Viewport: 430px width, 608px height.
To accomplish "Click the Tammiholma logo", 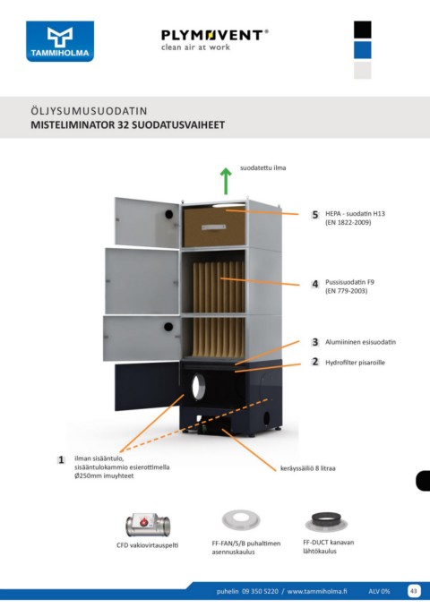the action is (x=60, y=41).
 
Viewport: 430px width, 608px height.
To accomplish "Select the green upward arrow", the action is (x=226, y=181).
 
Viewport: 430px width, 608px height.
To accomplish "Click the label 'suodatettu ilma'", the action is (x=262, y=168).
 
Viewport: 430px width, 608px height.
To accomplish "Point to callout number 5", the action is (x=315, y=214).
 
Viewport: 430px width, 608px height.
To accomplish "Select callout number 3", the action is (x=315, y=342).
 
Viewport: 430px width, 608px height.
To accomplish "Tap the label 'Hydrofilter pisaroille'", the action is (x=355, y=363).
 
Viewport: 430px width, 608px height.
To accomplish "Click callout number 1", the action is (x=61, y=460).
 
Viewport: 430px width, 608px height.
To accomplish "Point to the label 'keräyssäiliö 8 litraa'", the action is (x=308, y=468).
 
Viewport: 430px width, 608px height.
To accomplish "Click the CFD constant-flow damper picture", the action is (x=148, y=524).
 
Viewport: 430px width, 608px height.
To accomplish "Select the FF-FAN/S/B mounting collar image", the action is (x=241, y=520).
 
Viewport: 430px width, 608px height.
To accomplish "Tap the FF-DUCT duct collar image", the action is (x=326, y=521).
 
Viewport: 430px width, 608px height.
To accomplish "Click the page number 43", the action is (x=414, y=591).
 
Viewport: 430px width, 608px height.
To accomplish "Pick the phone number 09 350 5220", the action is (x=260, y=591).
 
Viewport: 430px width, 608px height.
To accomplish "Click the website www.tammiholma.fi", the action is (x=317, y=591).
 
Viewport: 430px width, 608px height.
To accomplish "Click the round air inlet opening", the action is (x=198, y=386).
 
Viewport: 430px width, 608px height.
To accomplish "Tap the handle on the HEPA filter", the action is (x=213, y=227).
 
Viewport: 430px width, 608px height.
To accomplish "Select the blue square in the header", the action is (x=363, y=50).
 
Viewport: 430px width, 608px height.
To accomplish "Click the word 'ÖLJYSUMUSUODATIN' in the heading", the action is (x=89, y=111).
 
